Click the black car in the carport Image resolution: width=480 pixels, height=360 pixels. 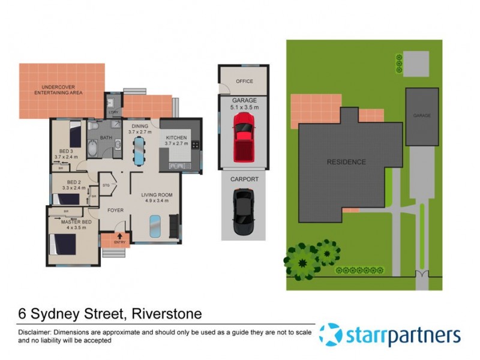click(243, 206)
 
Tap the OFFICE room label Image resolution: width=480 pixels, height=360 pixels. click(244, 81)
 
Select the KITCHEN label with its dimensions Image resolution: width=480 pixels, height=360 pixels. click(176, 141)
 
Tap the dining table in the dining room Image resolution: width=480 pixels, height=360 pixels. click(139, 150)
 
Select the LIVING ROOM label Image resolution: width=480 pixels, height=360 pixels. click(157, 197)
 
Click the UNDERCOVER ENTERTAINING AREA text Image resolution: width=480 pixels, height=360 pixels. click(58, 90)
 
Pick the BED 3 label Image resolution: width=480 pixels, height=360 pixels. click(66, 154)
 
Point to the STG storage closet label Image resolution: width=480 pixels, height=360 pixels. click(106, 186)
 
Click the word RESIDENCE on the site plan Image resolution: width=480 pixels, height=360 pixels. click(346, 162)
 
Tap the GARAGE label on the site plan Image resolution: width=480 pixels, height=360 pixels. click(421, 115)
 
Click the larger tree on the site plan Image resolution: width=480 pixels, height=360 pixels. click(299, 260)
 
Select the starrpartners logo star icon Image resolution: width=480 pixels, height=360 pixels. click(331, 335)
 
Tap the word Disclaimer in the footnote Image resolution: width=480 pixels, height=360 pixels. click(34, 332)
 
